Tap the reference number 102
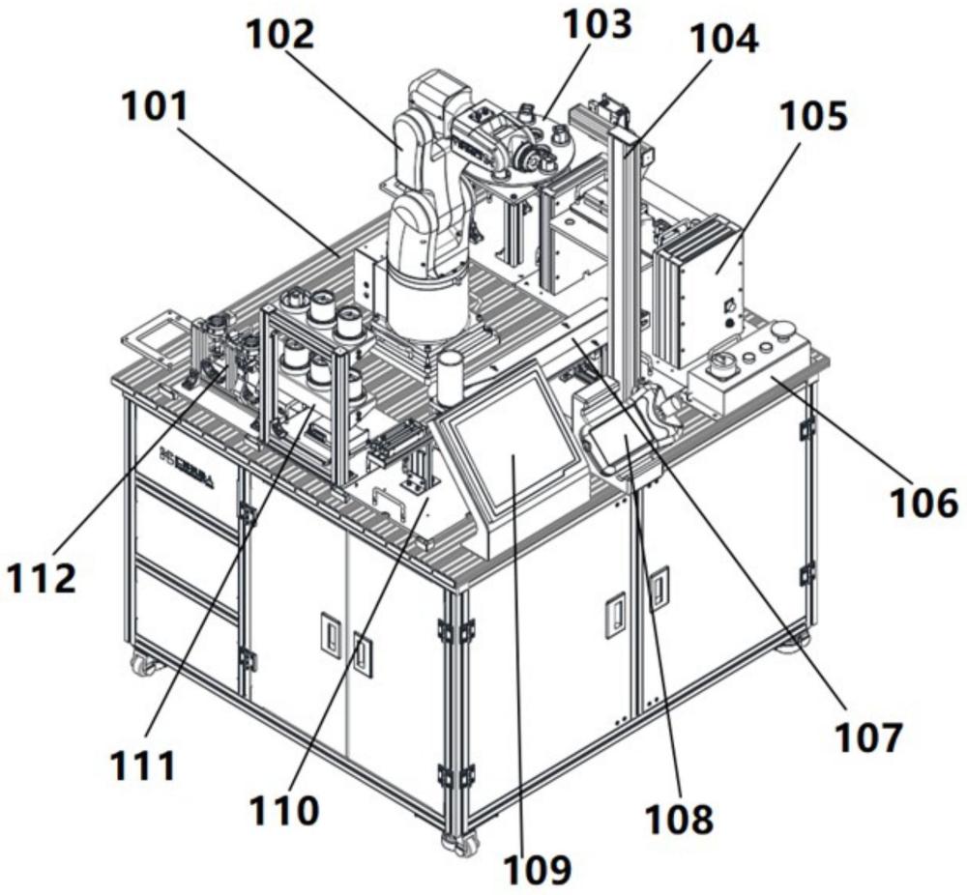[280, 37]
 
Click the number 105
[814, 116]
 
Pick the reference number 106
[923, 503]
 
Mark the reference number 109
[538, 868]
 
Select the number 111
[142, 765]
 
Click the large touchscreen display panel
[513, 446]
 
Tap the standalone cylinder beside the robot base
[449, 376]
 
